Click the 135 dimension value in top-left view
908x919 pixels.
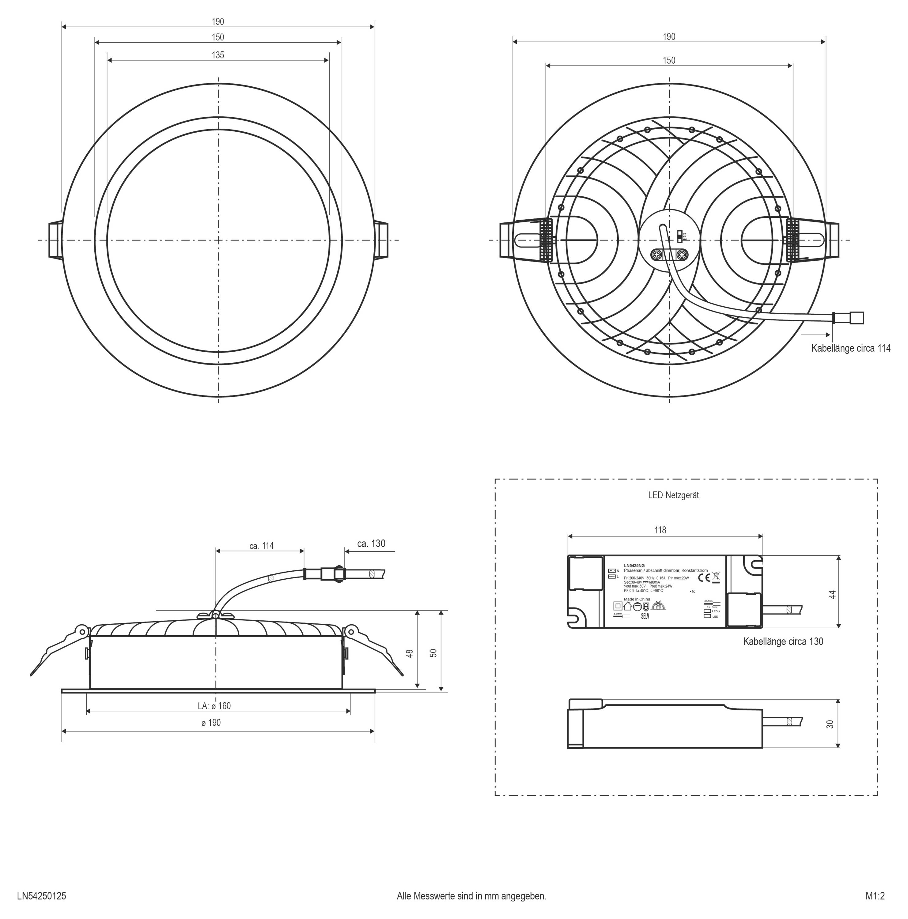pyautogui.click(x=218, y=55)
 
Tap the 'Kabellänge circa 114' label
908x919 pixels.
pyautogui.click(x=850, y=348)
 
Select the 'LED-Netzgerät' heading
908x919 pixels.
pyautogui.click(x=673, y=495)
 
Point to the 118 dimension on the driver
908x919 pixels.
pyautogui.click(x=660, y=530)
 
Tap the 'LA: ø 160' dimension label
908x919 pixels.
pyautogui.click(x=214, y=706)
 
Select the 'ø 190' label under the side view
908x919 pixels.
pyautogui.click(x=211, y=723)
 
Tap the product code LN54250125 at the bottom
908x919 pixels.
pyautogui.click(x=41, y=896)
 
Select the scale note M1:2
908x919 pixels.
pyautogui.click(x=875, y=896)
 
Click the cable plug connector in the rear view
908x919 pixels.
pyautogui.click(x=849, y=318)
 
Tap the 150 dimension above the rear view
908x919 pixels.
pyautogui.click(x=669, y=60)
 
